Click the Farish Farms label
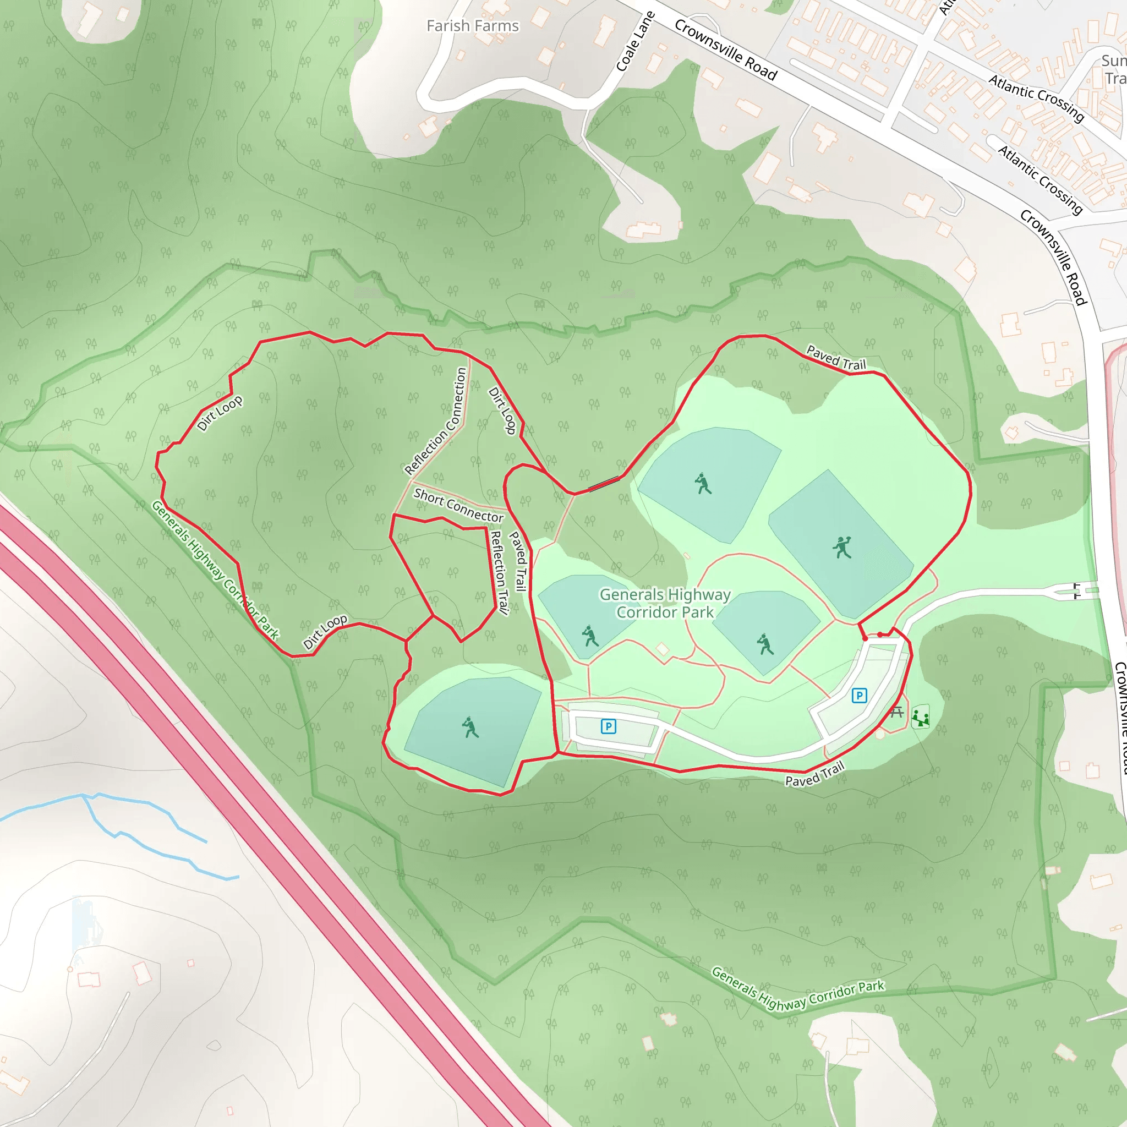click(x=473, y=26)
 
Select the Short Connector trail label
click(x=458, y=505)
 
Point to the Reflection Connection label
click(x=436, y=421)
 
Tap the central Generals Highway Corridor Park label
click(x=665, y=603)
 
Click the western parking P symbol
click(x=609, y=726)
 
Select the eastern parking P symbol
click(x=858, y=696)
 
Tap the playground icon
click(x=921, y=718)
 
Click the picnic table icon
click(x=896, y=712)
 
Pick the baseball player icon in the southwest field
click(x=470, y=727)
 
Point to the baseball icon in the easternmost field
click(x=842, y=547)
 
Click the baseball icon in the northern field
click(x=703, y=484)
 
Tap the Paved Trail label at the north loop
click(x=836, y=358)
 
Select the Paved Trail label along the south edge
click(x=814, y=774)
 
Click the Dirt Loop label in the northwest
click(x=220, y=413)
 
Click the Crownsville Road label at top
click(x=726, y=50)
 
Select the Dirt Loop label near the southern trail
click(x=325, y=631)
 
